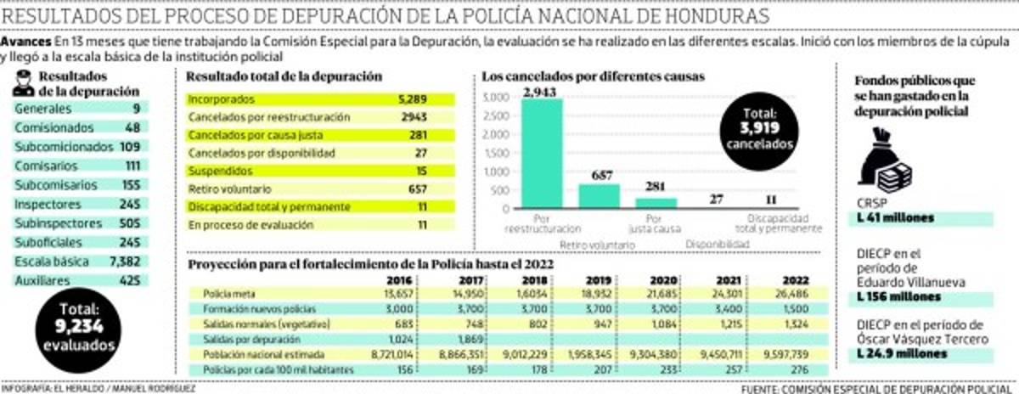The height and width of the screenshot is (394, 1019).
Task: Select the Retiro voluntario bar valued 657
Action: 600,196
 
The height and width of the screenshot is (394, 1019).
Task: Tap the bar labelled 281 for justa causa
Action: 657,204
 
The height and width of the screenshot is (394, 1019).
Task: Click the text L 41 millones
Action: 896,218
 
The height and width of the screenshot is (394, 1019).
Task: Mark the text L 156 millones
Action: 899,297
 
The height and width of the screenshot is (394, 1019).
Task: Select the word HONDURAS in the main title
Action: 712,16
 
